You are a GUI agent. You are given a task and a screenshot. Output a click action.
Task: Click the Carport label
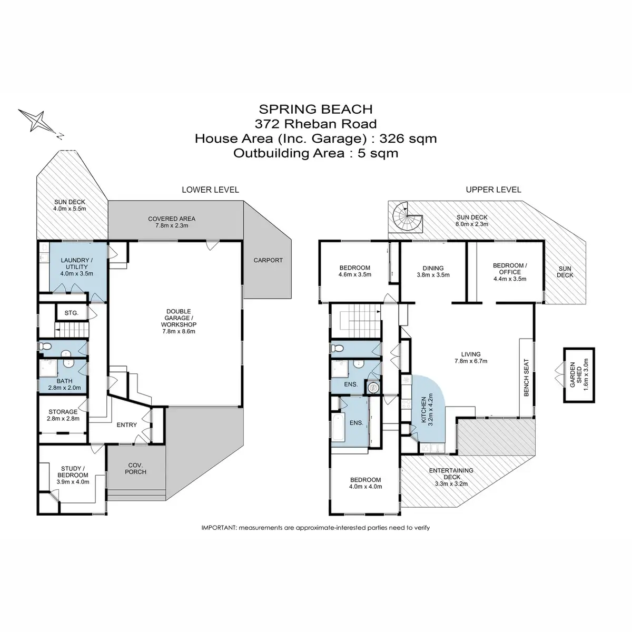(268, 260)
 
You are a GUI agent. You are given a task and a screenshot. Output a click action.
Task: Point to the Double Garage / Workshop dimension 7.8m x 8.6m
(179, 331)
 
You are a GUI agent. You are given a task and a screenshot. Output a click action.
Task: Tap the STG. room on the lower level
(72, 313)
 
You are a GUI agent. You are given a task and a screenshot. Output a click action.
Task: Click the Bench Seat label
(526, 378)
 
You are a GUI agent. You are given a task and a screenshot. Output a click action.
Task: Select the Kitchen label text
(423, 410)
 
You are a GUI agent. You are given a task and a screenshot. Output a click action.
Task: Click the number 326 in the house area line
(391, 139)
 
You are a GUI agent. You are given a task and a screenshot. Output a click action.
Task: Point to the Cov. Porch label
(135, 468)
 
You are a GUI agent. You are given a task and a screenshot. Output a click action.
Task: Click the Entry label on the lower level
(126, 424)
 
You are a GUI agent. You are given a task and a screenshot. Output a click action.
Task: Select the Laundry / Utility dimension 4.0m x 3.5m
(77, 273)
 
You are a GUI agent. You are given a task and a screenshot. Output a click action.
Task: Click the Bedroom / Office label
(510, 269)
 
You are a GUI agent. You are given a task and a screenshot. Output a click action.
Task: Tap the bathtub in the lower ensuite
(338, 428)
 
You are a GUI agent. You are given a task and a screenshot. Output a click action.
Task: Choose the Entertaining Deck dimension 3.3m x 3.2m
(451, 484)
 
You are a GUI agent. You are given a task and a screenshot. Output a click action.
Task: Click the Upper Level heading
(493, 190)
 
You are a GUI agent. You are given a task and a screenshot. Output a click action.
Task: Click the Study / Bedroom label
(73, 471)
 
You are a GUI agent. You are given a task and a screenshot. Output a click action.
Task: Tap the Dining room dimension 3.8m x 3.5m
(433, 275)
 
